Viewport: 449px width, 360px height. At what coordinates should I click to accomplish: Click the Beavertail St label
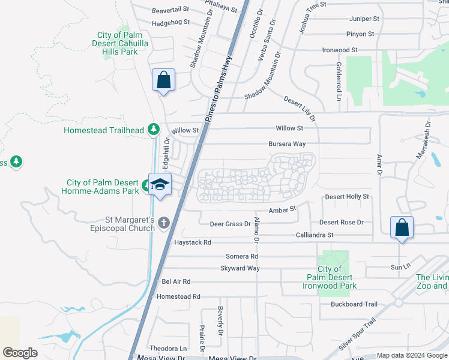(170, 10)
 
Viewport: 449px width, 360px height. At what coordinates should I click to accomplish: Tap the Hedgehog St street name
(170, 22)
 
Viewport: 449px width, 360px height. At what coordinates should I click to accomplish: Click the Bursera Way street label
(287, 144)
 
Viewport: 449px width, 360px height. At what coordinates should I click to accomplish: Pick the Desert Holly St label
(347, 197)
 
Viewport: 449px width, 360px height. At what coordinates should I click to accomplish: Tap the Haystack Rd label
(193, 242)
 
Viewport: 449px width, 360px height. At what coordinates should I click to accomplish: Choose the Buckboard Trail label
(354, 304)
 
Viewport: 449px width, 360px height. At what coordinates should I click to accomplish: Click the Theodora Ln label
(168, 348)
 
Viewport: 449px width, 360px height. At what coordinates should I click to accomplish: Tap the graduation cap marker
(160, 184)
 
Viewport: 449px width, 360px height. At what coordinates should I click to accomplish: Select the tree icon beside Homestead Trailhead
(154, 129)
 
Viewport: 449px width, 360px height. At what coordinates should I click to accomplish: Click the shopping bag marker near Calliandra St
(402, 227)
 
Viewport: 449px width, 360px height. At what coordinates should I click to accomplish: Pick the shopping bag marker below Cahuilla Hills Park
(163, 81)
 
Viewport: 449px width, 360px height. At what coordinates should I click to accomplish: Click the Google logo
(20, 352)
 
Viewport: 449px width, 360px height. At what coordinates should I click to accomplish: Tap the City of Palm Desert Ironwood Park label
(330, 277)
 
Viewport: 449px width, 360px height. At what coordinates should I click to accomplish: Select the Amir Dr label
(379, 164)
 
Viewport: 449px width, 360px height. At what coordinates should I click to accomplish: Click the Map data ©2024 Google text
(412, 355)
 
